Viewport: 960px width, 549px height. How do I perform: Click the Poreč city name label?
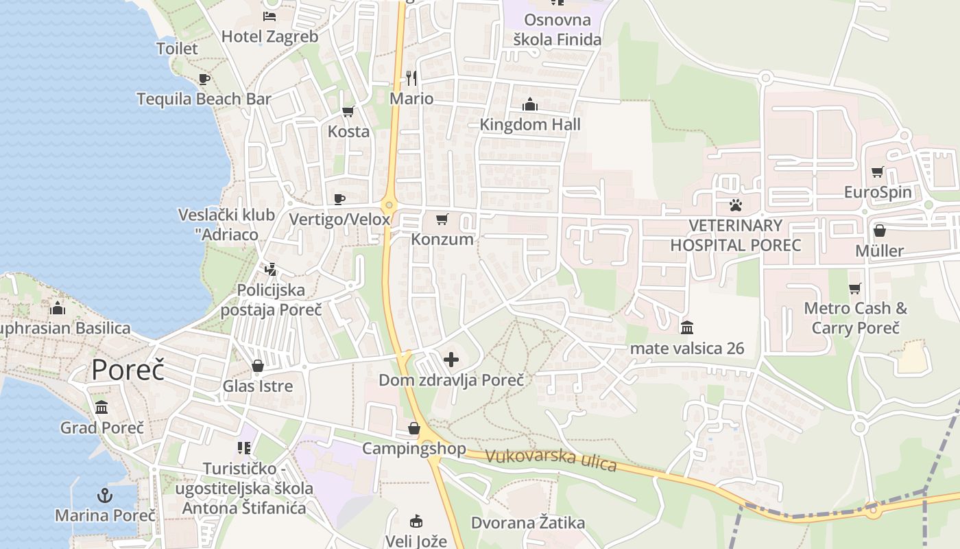click(128, 369)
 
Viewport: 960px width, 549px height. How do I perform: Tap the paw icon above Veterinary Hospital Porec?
click(736, 205)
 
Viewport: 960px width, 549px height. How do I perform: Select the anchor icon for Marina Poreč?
click(105, 495)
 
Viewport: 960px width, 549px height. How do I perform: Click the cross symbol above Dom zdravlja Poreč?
click(451, 359)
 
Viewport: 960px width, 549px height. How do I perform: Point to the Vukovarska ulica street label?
click(551, 460)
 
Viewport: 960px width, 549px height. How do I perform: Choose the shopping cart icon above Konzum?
click(442, 220)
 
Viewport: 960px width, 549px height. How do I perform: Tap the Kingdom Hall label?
click(530, 124)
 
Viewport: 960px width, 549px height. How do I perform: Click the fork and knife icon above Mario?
click(411, 78)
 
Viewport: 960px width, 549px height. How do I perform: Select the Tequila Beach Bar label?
click(204, 99)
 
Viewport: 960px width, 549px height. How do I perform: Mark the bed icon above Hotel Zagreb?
click(269, 16)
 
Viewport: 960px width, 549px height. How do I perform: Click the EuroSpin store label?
click(878, 191)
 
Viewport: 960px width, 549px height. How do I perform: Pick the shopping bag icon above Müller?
click(879, 231)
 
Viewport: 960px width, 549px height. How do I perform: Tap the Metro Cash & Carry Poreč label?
click(855, 318)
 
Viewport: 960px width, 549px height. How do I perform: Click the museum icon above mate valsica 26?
click(687, 327)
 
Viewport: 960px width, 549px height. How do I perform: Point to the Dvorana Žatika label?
click(528, 523)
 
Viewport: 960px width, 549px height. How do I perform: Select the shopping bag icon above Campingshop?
click(414, 428)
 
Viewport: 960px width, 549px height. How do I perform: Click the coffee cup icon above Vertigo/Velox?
click(339, 199)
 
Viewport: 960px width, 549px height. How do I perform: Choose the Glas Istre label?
click(258, 386)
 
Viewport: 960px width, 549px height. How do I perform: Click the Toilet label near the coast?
click(177, 49)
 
